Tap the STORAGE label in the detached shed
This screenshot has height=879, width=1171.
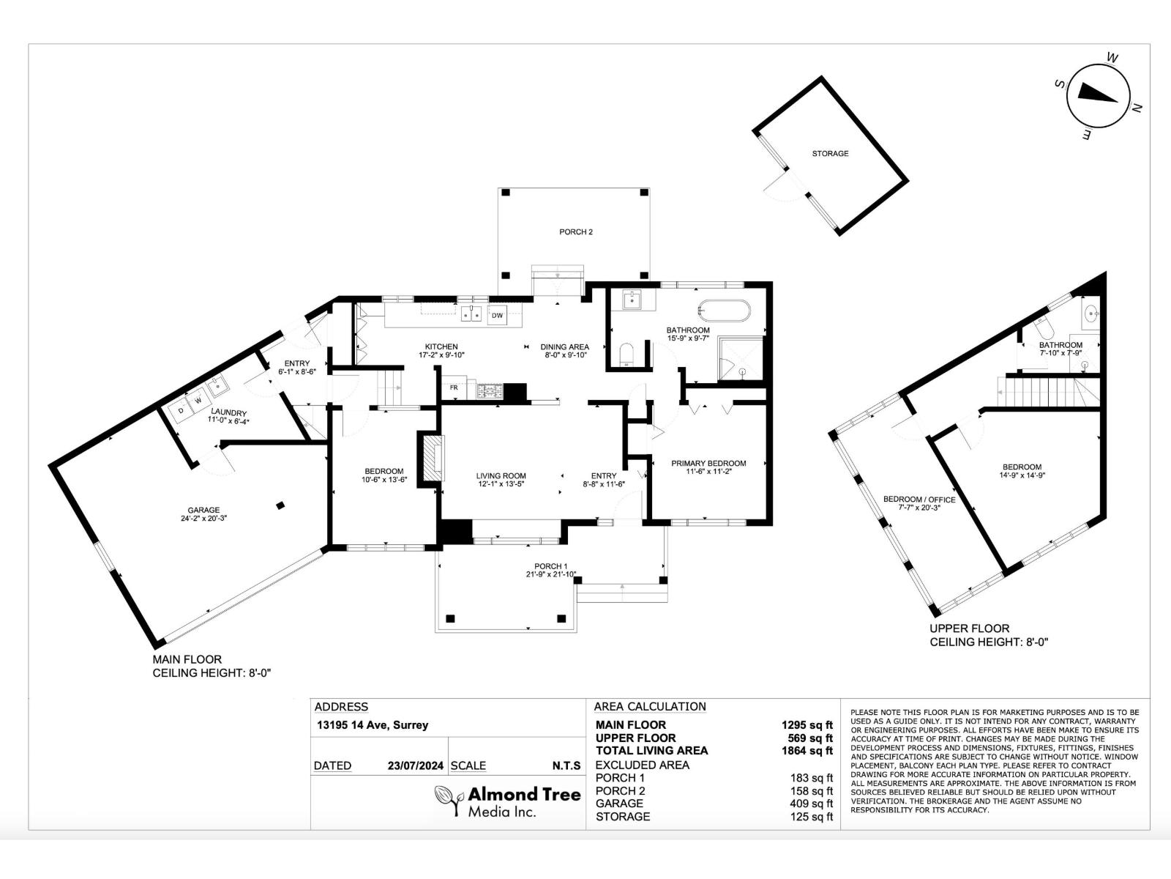[x=830, y=154]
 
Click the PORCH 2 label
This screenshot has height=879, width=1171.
[x=576, y=232]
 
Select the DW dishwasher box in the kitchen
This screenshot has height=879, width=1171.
[x=498, y=316]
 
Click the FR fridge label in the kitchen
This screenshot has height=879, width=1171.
[x=454, y=387]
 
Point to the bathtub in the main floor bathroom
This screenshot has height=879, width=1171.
[x=724, y=311]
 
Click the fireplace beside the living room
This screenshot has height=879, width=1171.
[x=431, y=457]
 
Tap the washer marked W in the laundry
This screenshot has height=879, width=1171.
[x=198, y=401]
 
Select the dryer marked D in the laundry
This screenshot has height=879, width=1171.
[x=181, y=410]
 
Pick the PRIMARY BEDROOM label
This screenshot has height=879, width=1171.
[x=708, y=463]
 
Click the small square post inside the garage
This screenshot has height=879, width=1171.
[x=280, y=505]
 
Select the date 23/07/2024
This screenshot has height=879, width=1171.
[x=416, y=766]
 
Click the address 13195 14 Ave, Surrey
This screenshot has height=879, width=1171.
[x=372, y=726]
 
